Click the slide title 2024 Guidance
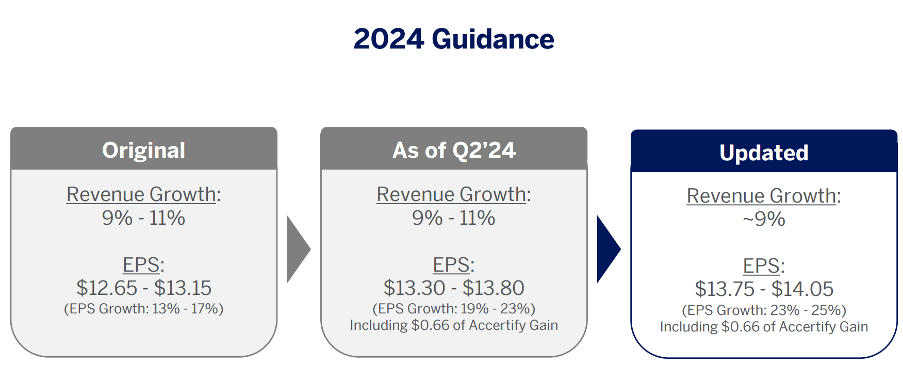(454, 39)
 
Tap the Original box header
(144, 150)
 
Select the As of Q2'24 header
(454, 150)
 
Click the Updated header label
(764, 153)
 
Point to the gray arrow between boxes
(298, 249)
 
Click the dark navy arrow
(609, 249)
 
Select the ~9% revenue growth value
(764, 219)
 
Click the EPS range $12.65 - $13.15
(144, 288)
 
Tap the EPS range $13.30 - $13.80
(454, 288)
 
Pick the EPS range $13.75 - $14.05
(764, 289)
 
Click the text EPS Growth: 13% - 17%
(144, 309)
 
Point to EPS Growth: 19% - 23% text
(454, 309)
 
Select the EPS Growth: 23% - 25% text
(764, 310)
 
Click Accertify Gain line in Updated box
(764, 327)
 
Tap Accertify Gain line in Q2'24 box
(454, 325)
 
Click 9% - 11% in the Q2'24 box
(454, 218)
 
